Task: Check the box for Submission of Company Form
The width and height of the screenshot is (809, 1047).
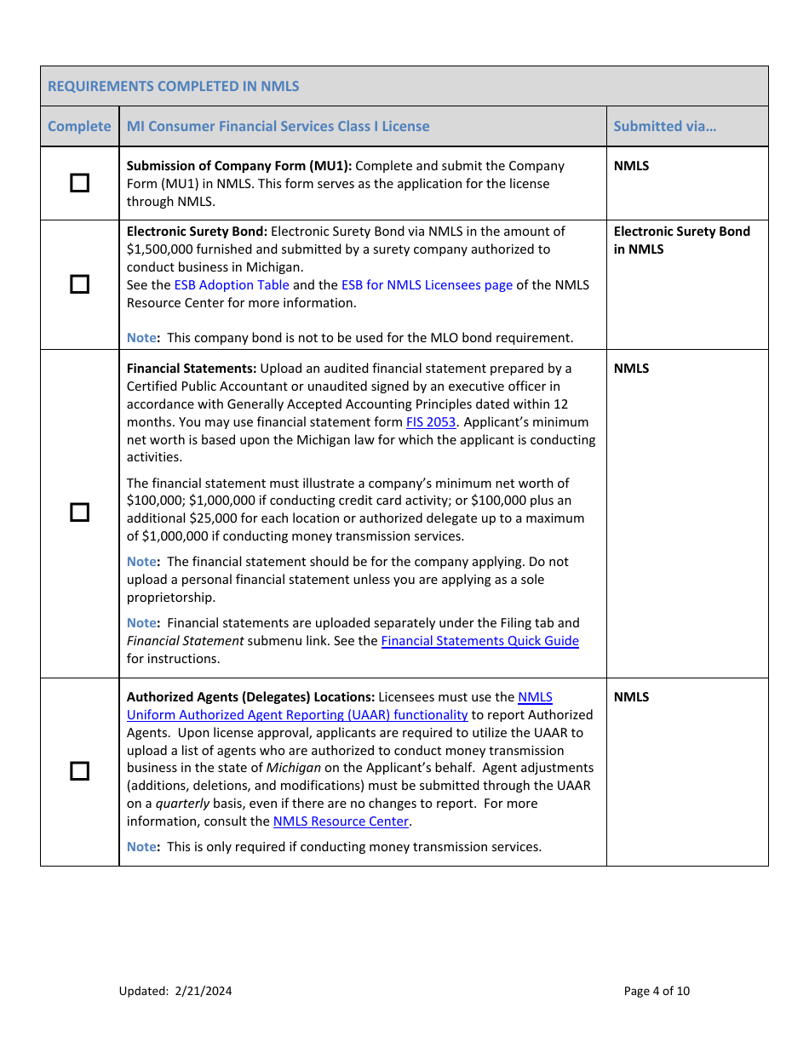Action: (79, 183)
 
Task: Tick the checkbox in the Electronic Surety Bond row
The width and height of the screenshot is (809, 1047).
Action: (79, 284)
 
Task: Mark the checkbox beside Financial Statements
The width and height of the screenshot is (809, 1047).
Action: (79, 512)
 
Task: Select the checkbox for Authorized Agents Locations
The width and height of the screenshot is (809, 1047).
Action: (79, 771)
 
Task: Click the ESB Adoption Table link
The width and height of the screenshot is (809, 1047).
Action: (232, 285)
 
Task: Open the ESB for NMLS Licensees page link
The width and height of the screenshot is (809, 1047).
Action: (427, 285)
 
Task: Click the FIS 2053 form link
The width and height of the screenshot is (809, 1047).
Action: (431, 422)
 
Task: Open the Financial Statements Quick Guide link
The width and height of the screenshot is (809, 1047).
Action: (479, 641)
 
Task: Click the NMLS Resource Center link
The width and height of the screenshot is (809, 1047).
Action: (341, 821)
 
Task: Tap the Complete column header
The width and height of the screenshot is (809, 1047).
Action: (79, 126)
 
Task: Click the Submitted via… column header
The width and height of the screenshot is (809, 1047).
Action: (664, 126)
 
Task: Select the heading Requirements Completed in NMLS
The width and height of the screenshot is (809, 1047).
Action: (174, 86)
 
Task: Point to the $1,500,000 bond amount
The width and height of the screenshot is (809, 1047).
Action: (161, 249)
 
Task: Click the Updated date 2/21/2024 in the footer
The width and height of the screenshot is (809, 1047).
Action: (204, 991)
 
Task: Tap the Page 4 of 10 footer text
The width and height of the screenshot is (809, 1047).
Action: (657, 991)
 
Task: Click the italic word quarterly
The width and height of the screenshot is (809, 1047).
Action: (182, 804)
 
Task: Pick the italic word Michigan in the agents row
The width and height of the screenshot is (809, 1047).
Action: (294, 768)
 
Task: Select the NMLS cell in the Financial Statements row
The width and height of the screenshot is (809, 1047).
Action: (631, 369)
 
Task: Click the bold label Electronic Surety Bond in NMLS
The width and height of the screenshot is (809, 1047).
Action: (681, 240)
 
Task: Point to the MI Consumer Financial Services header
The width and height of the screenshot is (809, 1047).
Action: (278, 126)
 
